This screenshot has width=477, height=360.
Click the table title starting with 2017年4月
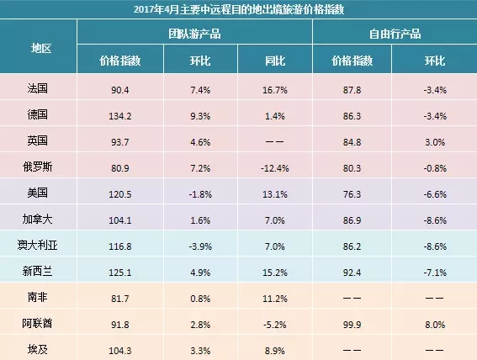tap(239, 9)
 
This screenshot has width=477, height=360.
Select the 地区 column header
tap(41, 48)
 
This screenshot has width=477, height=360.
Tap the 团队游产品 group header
tap(194, 34)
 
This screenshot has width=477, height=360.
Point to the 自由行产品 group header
tap(395, 34)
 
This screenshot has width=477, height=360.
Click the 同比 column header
tap(275, 61)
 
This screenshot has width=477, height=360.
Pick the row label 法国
tap(37, 88)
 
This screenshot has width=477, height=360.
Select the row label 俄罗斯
tap(37, 167)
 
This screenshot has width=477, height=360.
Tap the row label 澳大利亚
tap(37, 245)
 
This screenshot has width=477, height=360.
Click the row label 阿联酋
tap(37, 323)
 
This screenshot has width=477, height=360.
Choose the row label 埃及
tap(37, 349)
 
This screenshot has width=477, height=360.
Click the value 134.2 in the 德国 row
tap(120, 116)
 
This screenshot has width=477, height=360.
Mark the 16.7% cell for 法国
tap(275, 90)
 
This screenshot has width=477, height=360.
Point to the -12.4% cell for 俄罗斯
tap(275, 168)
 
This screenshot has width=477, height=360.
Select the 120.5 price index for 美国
tap(120, 194)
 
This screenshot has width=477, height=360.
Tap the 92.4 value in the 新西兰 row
tap(352, 273)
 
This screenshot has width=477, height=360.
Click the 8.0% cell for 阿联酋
tap(435, 325)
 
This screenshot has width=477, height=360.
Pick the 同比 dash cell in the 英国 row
tap(275, 142)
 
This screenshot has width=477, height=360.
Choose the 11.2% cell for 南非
tap(275, 299)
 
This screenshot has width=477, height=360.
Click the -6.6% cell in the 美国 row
tap(435, 194)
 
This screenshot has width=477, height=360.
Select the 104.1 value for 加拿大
tap(120, 220)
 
